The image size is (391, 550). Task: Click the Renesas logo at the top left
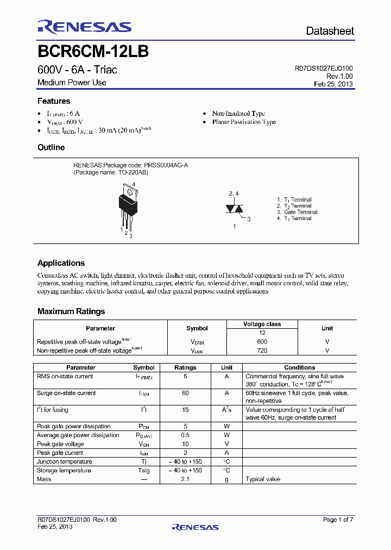[x=84, y=28]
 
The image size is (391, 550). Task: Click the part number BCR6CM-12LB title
[x=93, y=52]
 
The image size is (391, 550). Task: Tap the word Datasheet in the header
[x=330, y=32]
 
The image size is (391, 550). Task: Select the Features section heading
[x=54, y=101]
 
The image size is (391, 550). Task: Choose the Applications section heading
[x=61, y=263]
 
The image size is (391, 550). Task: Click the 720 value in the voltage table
[x=262, y=351]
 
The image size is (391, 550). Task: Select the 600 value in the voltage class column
[x=262, y=341]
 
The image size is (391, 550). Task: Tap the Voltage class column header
[x=262, y=324]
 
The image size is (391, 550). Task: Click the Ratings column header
[x=185, y=367]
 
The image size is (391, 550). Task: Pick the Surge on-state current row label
[x=66, y=393]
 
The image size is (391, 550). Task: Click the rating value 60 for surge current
[x=185, y=393]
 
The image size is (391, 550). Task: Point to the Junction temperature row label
[x=64, y=461]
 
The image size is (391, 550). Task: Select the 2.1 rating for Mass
[x=185, y=479]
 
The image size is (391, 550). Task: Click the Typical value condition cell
[x=263, y=479]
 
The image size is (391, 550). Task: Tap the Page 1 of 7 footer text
[x=338, y=520]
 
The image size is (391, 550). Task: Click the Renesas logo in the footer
[x=195, y=527]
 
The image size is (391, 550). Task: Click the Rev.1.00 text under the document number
[x=339, y=77]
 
